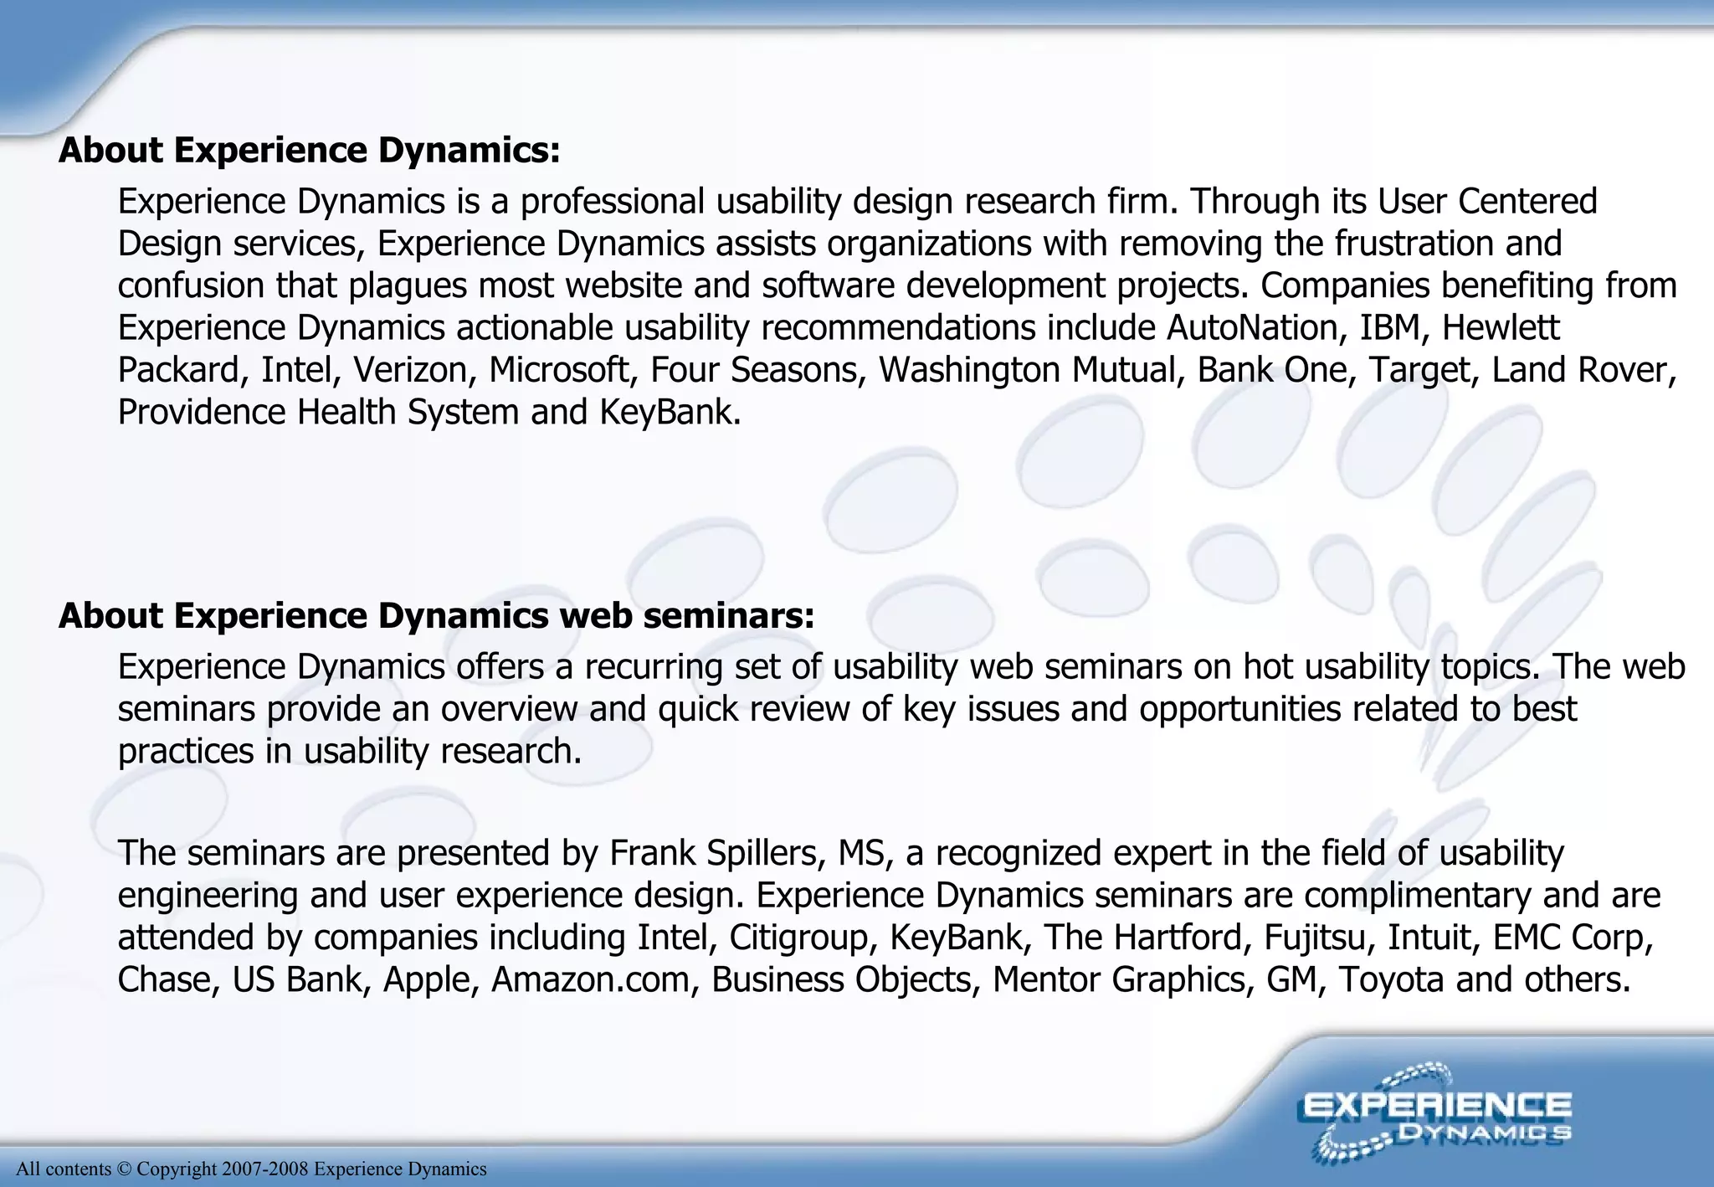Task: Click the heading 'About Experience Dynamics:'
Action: pyautogui.click(x=309, y=151)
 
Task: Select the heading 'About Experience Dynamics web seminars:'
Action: pyautogui.click(x=436, y=616)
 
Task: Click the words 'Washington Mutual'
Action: pyautogui.click(x=1031, y=370)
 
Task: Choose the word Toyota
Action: pyautogui.click(x=1390, y=979)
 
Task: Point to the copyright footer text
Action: pyautogui.click(x=251, y=1169)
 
